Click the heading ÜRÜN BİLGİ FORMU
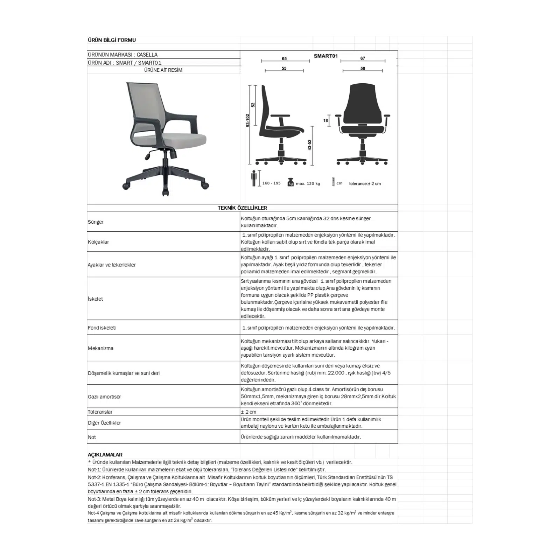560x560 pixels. [x=112, y=40]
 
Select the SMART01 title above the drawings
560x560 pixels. [x=325, y=56]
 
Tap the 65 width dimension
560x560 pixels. [x=284, y=58]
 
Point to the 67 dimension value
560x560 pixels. [x=363, y=58]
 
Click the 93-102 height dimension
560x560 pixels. [x=248, y=120]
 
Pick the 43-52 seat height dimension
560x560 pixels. [x=309, y=145]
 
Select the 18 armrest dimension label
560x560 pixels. [x=326, y=120]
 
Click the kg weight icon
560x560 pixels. [x=290, y=183]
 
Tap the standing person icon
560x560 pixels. [x=254, y=178]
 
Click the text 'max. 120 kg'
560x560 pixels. [x=308, y=183]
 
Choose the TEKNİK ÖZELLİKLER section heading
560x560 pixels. [x=242, y=208]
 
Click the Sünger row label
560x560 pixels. [x=96, y=222]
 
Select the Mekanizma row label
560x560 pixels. [x=100, y=348]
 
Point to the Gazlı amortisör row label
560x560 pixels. [x=104, y=397]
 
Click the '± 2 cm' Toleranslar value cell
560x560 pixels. [x=248, y=412]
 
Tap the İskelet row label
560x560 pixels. [x=95, y=299]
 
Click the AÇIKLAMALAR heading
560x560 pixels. [x=105, y=455]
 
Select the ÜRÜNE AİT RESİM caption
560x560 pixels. [x=163, y=70]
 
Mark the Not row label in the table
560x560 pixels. [x=92, y=437]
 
